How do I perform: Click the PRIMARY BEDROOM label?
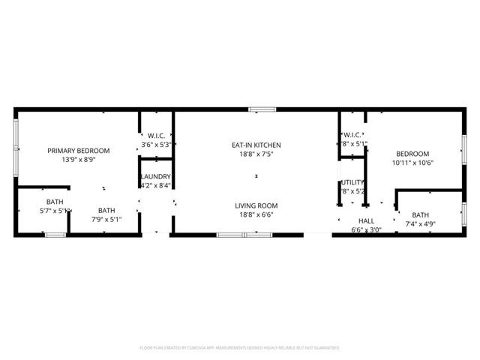pos(78,151)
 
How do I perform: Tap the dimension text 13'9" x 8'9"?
pos(78,160)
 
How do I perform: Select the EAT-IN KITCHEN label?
pos(256,145)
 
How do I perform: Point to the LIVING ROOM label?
pos(256,205)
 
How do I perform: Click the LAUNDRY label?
pos(155,176)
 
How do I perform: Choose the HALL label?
pos(366,221)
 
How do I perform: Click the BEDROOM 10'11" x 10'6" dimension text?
pos(413,163)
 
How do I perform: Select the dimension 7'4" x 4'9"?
pos(420,223)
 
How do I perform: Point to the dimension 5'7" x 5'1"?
pos(55,211)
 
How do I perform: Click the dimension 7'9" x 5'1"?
pos(106,220)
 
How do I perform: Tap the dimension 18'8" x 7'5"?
pos(256,154)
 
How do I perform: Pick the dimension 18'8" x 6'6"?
pos(256,214)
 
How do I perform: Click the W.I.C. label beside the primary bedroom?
pos(156,136)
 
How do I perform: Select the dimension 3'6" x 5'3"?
pos(156,145)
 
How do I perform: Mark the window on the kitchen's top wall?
pos(262,109)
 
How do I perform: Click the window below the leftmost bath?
pos(55,235)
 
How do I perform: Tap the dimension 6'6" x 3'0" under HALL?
pos(366,230)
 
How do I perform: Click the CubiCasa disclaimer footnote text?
pos(240,348)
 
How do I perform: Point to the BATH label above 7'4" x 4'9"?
pos(420,214)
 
